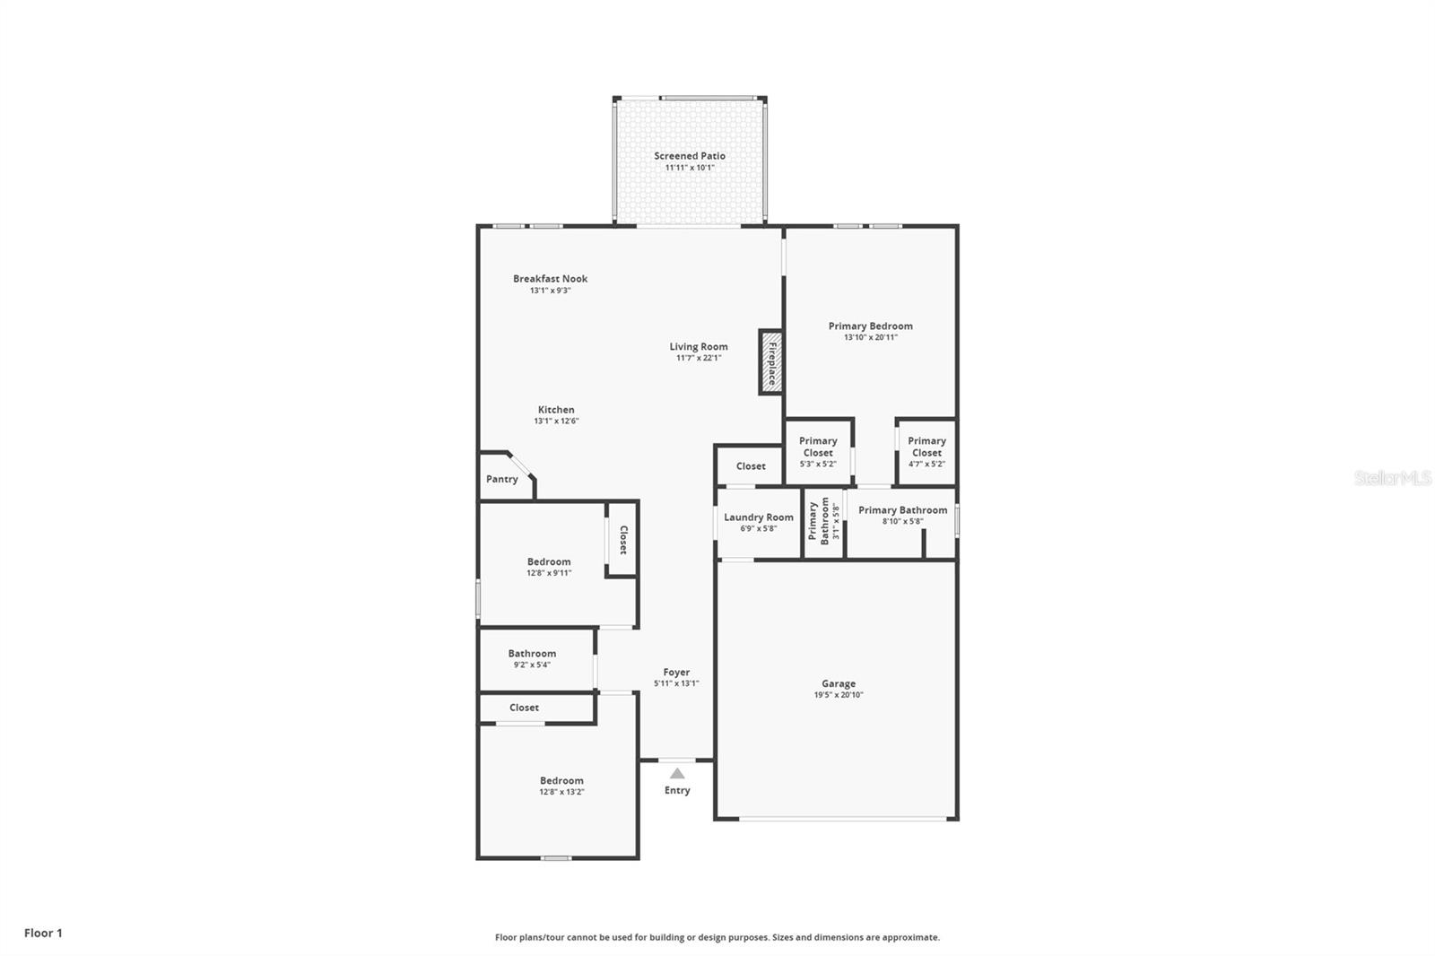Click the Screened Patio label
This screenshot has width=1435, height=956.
690,156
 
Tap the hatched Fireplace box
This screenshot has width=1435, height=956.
771,362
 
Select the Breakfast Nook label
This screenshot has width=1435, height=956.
550,279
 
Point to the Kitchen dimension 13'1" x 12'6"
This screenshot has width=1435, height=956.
556,421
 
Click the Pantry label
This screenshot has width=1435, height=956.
501,479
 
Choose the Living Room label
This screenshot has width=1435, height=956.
699,347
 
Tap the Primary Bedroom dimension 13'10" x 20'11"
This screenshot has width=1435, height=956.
871,337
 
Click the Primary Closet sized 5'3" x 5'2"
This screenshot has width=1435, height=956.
818,452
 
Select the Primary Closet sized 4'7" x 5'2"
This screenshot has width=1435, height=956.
926,452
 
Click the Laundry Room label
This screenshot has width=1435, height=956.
759,517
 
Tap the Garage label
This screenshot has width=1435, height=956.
839,683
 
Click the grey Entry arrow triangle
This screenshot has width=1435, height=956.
677,773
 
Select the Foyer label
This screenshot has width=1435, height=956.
676,672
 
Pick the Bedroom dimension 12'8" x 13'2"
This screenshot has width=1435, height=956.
561,792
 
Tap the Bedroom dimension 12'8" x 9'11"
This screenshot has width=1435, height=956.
549,573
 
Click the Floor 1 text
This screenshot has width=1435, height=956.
44,933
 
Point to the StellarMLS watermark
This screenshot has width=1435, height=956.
1393,478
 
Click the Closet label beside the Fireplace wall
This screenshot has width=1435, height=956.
750,466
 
